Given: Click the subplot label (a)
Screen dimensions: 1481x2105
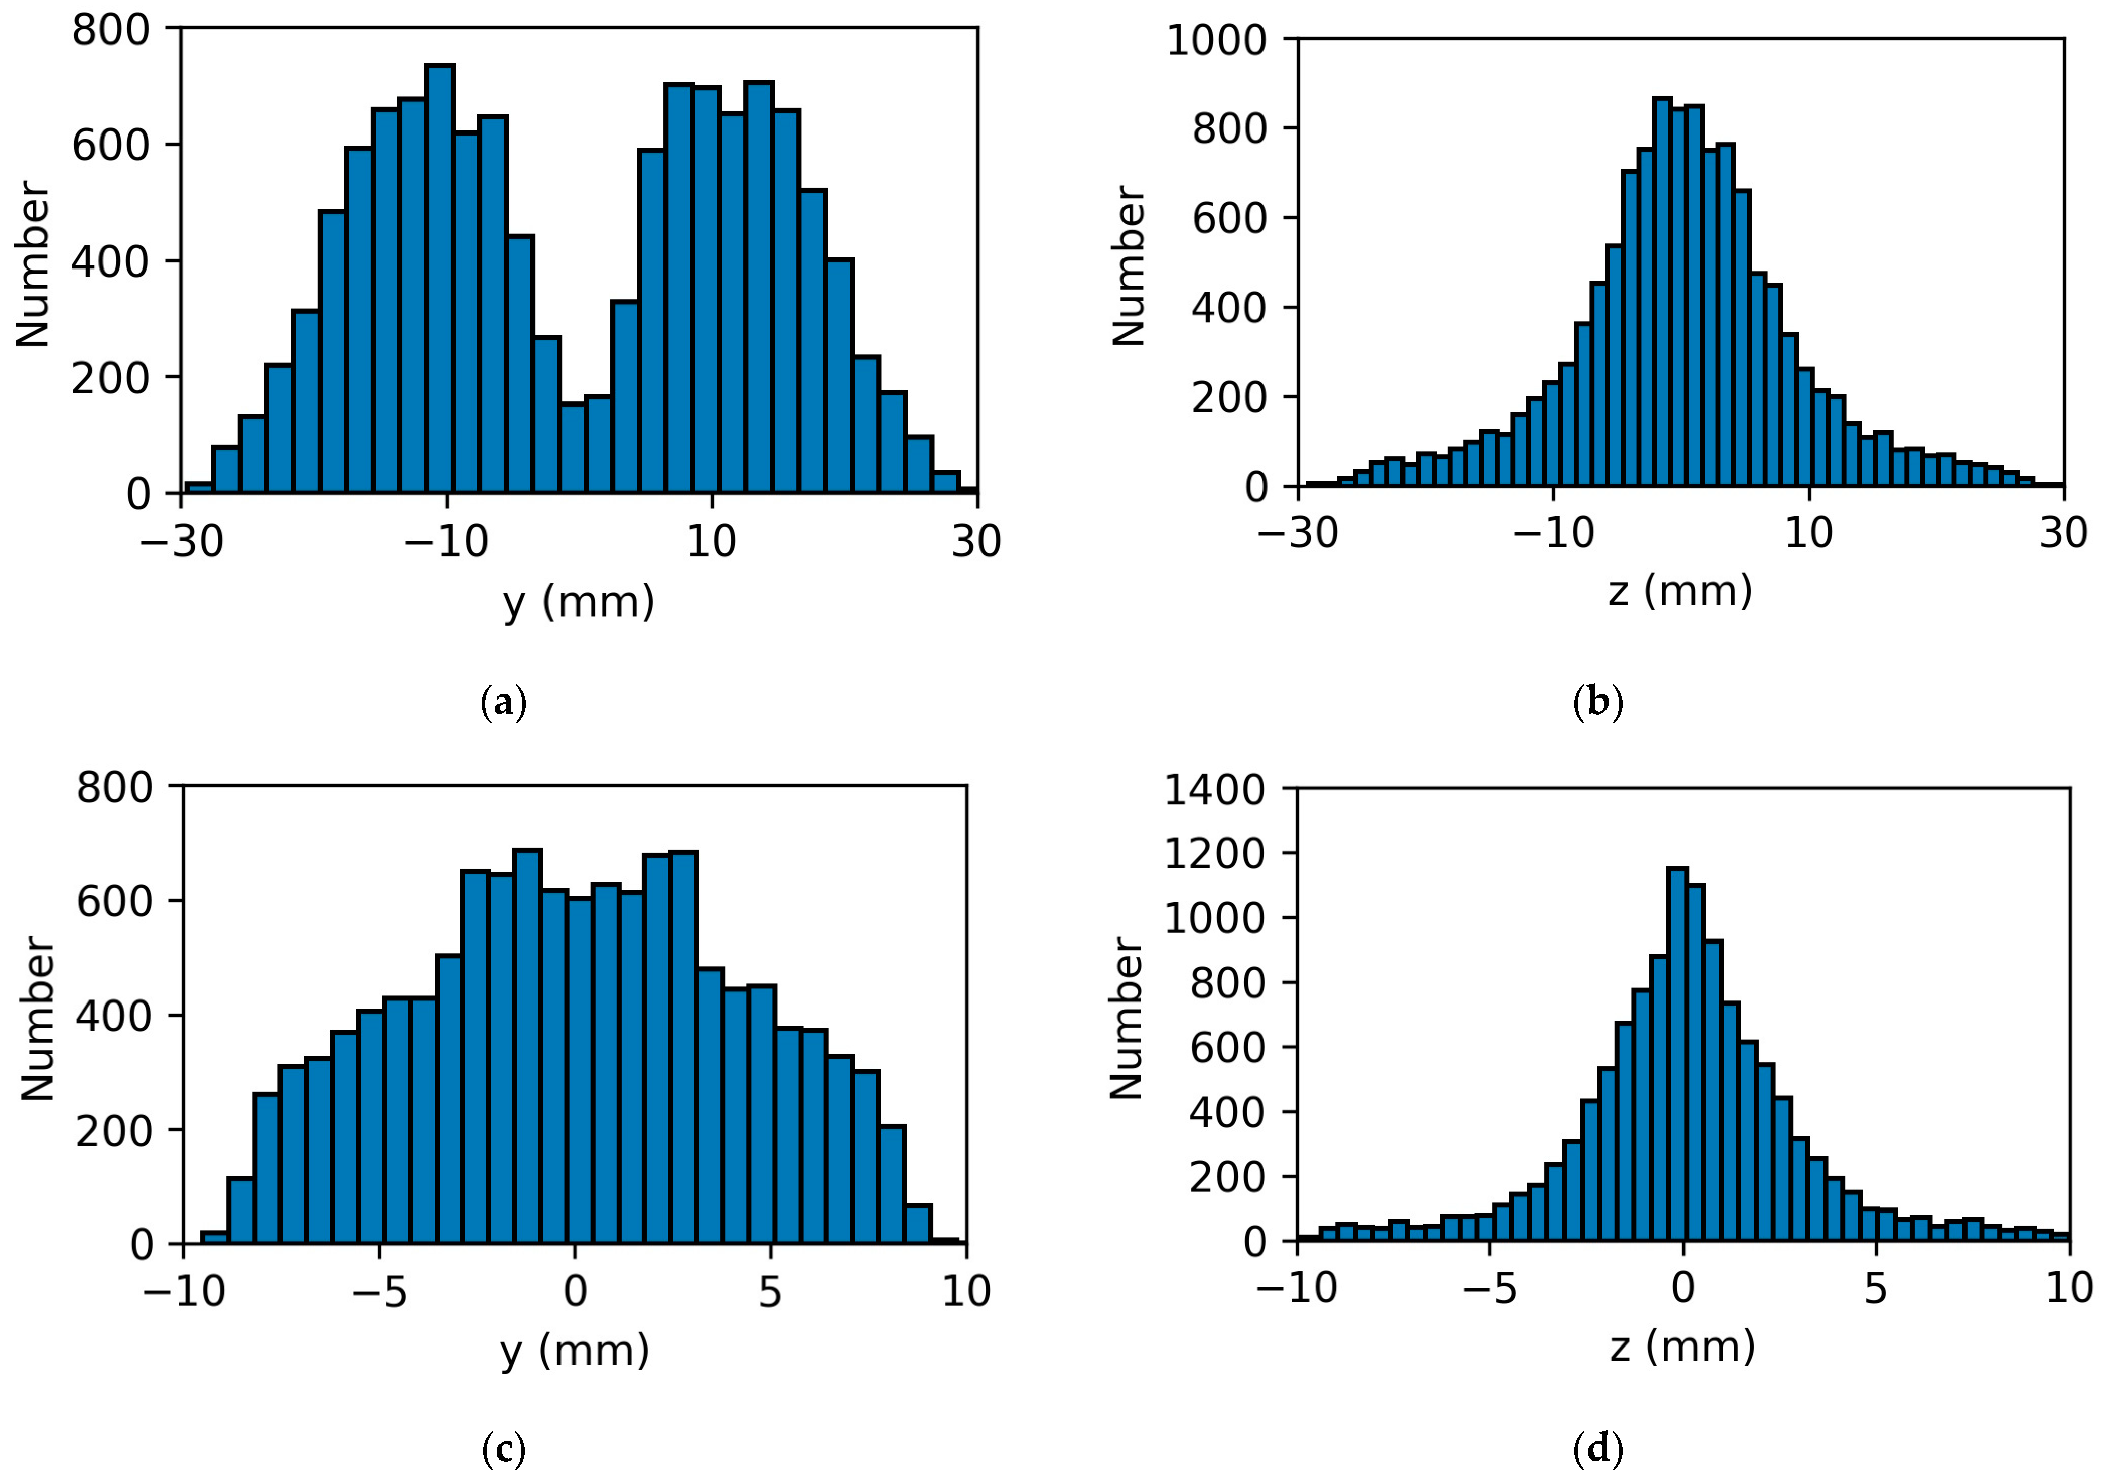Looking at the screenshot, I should [x=503, y=703].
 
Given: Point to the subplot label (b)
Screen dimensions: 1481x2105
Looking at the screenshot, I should [x=1597, y=703].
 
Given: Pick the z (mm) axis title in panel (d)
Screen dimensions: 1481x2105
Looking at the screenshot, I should [x=1682, y=1346].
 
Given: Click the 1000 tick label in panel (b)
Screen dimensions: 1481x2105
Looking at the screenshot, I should [x=1215, y=41].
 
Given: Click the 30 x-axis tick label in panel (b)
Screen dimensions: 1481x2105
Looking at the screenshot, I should [x=2063, y=533].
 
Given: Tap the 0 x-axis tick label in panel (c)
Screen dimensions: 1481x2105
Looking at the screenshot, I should [x=575, y=1291].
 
